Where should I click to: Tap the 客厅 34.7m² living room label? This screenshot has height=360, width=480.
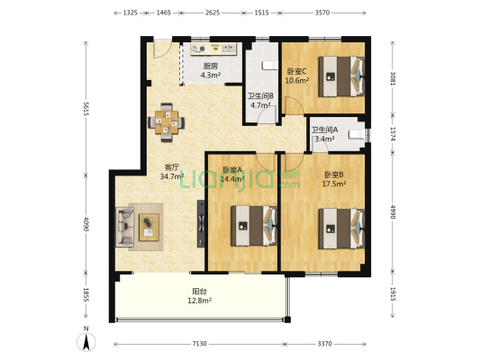click(x=171, y=172)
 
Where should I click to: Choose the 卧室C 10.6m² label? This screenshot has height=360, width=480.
click(x=297, y=76)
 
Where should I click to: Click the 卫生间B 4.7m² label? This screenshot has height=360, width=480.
click(x=260, y=101)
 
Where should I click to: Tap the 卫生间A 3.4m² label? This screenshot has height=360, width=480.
click(x=324, y=135)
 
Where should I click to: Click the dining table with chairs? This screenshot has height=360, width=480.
click(x=165, y=121)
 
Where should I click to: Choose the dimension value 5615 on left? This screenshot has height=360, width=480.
click(x=86, y=109)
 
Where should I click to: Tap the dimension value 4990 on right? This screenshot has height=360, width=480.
click(x=394, y=212)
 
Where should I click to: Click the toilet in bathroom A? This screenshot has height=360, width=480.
click(x=357, y=135)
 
